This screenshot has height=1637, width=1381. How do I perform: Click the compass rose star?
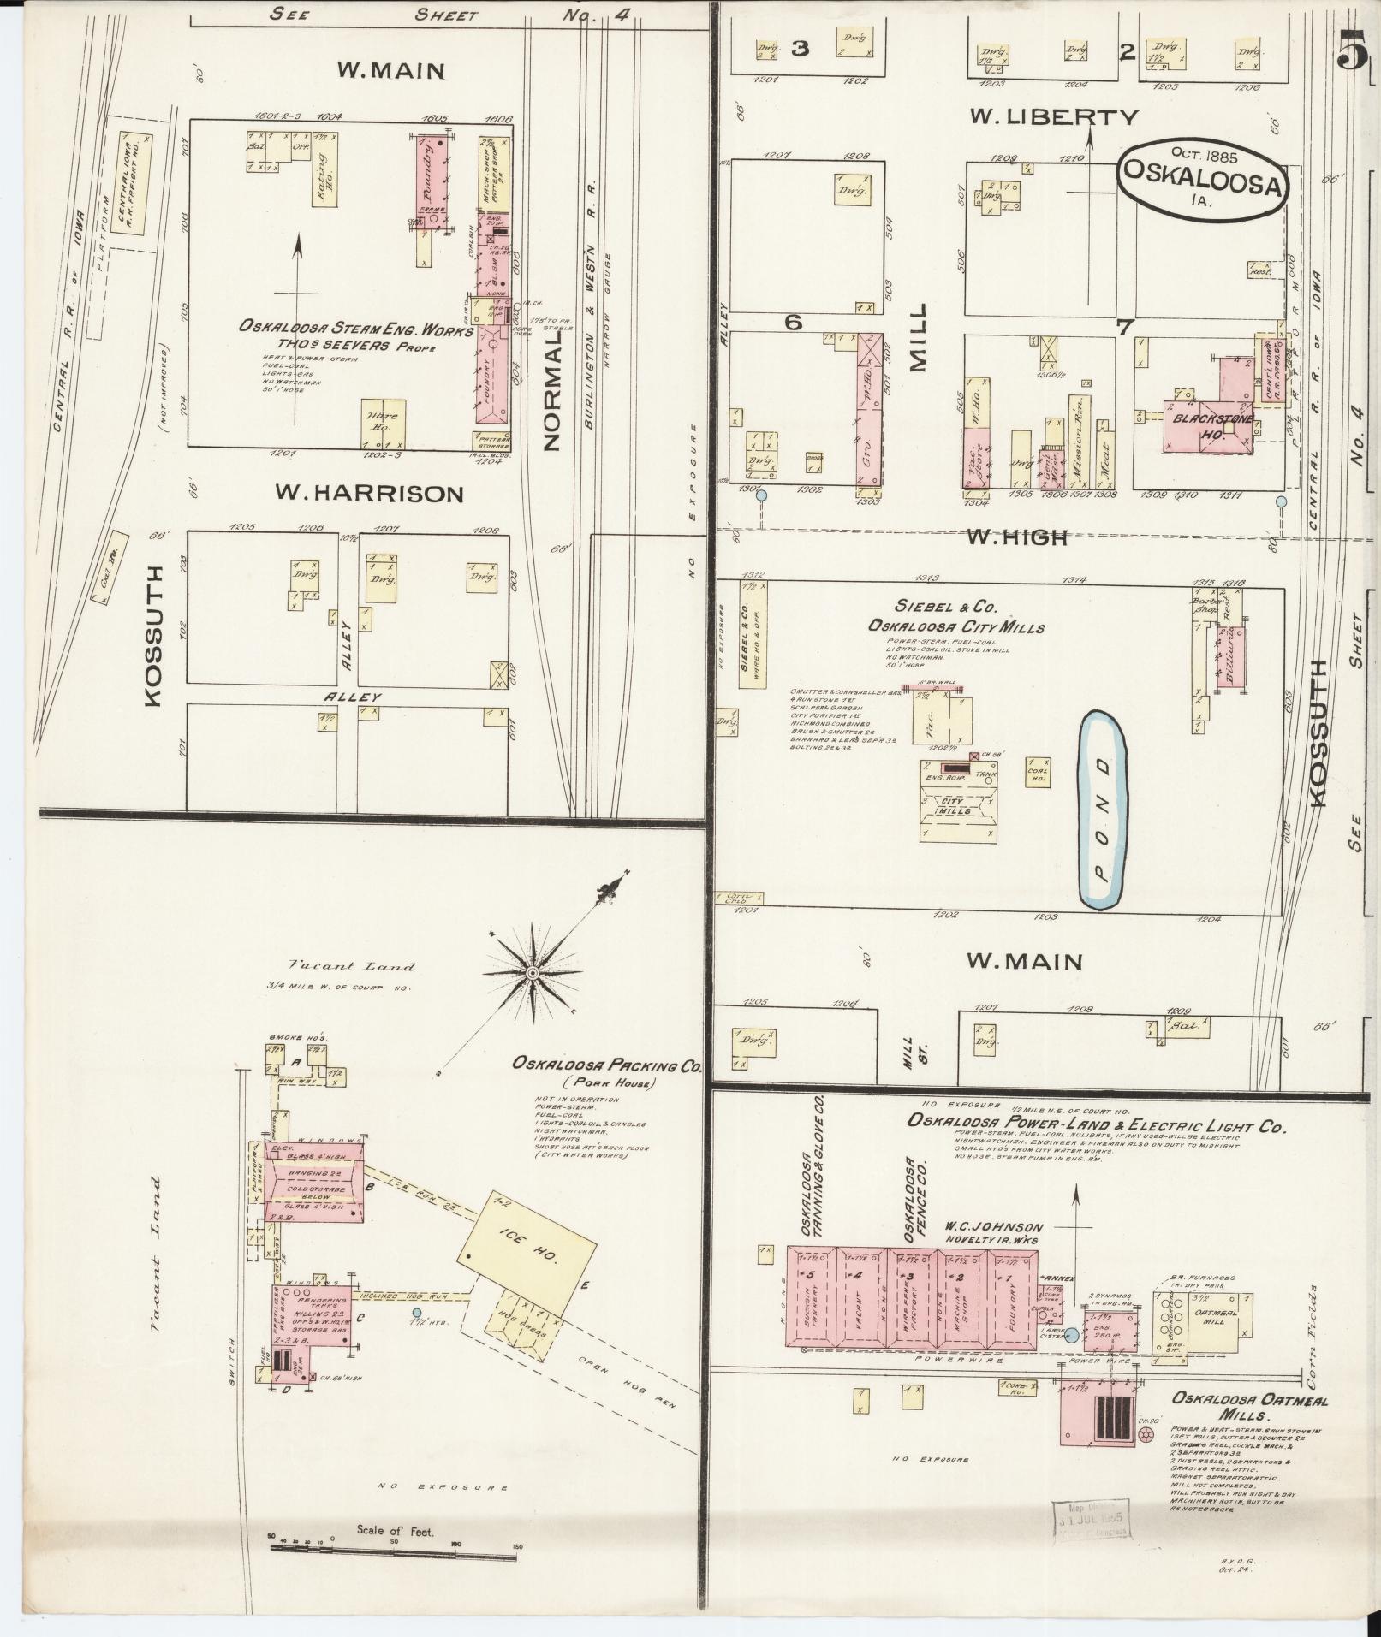pos(533,973)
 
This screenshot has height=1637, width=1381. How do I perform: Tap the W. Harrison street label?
pos(369,494)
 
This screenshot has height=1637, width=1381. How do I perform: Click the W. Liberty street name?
pos(1054,117)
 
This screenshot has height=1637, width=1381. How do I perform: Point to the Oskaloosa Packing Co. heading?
pos(607,1065)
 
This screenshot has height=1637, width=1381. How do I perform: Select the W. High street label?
pos(1016,537)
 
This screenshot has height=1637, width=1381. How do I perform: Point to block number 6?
pos(794,323)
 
